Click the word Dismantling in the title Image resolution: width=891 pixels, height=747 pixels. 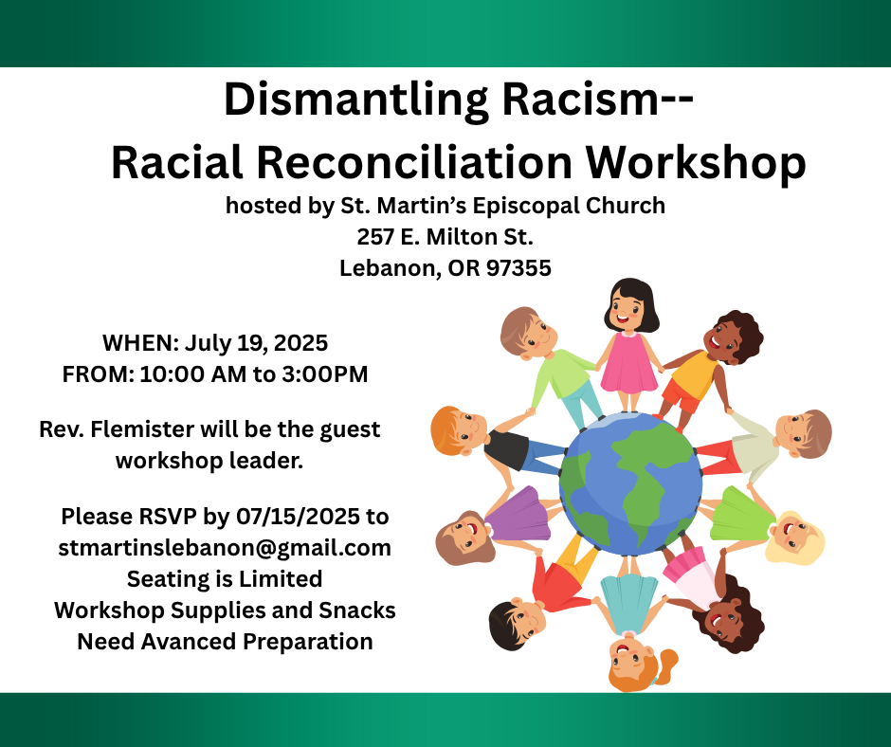pyautogui.click(x=355, y=101)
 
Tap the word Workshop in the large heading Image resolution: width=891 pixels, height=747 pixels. pyautogui.click(x=696, y=163)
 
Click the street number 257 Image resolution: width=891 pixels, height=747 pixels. pyautogui.click(x=375, y=237)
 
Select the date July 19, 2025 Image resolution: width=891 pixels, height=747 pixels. pyautogui.click(x=256, y=343)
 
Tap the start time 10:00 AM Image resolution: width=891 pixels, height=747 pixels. pyautogui.click(x=193, y=374)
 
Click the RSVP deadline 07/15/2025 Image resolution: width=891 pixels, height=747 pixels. pyautogui.click(x=298, y=517)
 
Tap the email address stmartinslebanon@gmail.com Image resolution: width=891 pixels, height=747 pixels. pyautogui.click(x=225, y=549)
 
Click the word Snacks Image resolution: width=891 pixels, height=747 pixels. pyautogui.click(x=356, y=610)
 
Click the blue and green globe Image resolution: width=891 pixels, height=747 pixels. pyautogui.click(x=630, y=483)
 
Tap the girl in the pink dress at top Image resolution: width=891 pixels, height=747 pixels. pyautogui.click(x=630, y=344)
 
